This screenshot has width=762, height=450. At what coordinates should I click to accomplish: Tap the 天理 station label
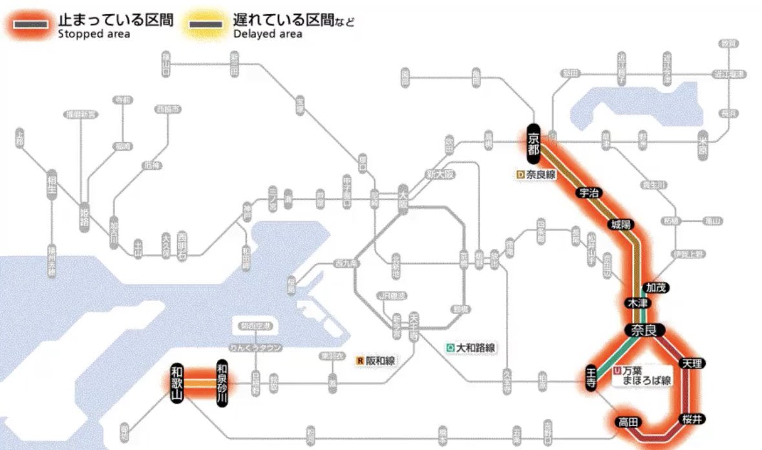[691, 364]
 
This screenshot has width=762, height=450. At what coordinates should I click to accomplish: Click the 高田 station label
[628, 422]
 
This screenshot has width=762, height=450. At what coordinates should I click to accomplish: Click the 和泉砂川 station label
[222, 382]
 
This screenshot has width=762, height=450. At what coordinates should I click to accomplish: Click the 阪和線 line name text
[382, 361]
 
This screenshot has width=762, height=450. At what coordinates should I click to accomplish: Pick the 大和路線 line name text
[476, 348]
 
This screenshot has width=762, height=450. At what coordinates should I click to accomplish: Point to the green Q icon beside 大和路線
[450, 348]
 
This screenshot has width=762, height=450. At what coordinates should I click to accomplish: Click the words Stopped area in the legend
[94, 34]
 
